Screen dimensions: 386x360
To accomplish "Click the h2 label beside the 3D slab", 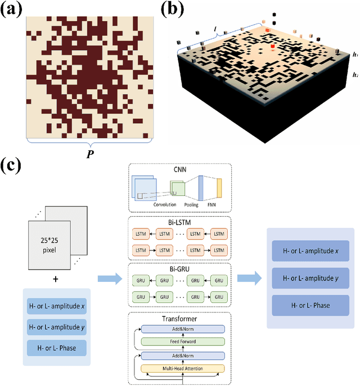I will [355, 74].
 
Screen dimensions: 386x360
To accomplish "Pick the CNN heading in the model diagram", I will [179, 169].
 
